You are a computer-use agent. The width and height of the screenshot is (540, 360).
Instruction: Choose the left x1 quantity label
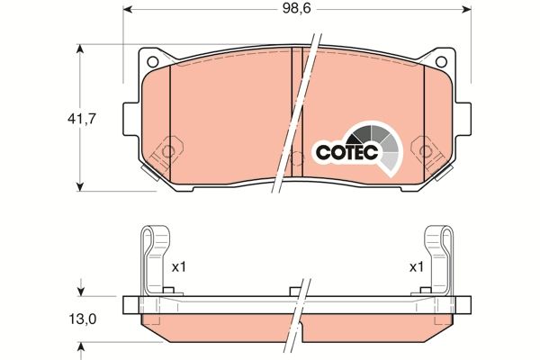(x=178, y=267)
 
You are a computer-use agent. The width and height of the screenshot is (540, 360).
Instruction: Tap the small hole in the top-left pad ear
(x=152, y=61)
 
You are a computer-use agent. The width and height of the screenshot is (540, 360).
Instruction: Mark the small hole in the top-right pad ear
(x=442, y=61)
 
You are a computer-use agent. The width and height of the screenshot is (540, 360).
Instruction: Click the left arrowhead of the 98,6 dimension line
(x=126, y=10)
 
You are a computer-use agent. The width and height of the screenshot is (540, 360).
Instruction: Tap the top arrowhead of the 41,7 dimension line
(x=82, y=46)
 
